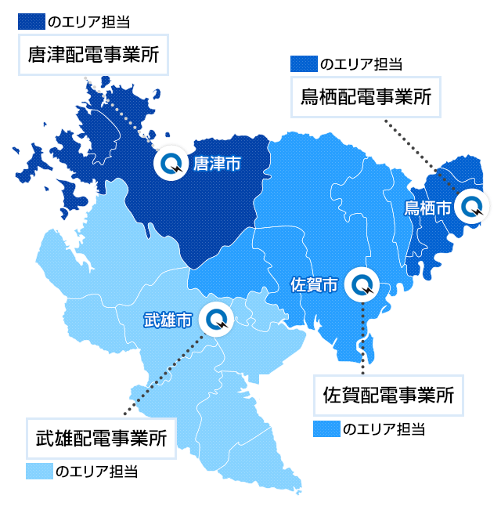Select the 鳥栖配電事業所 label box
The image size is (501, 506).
tap(366, 97)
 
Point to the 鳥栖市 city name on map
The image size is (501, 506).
tap(427, 208)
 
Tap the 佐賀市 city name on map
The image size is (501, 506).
tap(314, 284)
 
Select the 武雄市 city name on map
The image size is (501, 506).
tap(168, 320)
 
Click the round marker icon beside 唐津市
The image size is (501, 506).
tap(170, 163)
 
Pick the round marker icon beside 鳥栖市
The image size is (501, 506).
tap(472, 207)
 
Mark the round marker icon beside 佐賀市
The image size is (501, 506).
tap(363, 284)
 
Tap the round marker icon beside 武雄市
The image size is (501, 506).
tap(215, 319)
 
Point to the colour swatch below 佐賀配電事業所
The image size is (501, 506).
tap(326, 428)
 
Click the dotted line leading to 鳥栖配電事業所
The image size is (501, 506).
tap(423, 157)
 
